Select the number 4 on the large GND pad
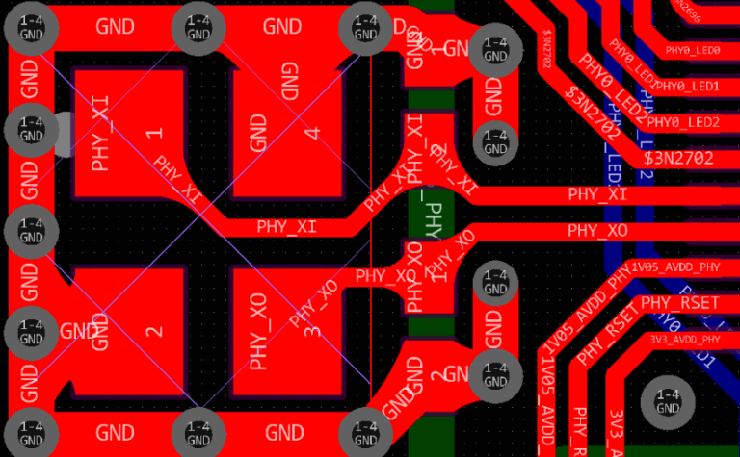tap(311, 132)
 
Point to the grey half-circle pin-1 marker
tap(61, 134)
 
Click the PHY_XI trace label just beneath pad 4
tap(286, 227)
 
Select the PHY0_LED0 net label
tap(693, 50)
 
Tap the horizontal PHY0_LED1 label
tap(688, 86)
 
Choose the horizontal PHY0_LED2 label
tap(683, 122)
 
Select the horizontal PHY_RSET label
tap(680, 303)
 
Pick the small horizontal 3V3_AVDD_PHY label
tap(684, 339)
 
